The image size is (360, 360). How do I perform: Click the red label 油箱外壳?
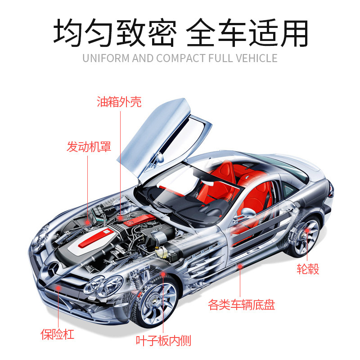click(x=119, y=102)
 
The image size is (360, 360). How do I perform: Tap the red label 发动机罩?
click(x=89, y=147)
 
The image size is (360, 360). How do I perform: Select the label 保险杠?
click(x=57, y=334)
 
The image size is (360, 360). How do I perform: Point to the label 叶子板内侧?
click(x=163, y=341)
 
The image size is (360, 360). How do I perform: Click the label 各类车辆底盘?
click(x=242, y=305)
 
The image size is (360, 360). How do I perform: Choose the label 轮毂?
click(x=307, y=270)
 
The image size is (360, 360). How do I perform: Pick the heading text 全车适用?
click(x=247, y=32)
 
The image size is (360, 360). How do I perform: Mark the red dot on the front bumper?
click(x=57, y=288)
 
